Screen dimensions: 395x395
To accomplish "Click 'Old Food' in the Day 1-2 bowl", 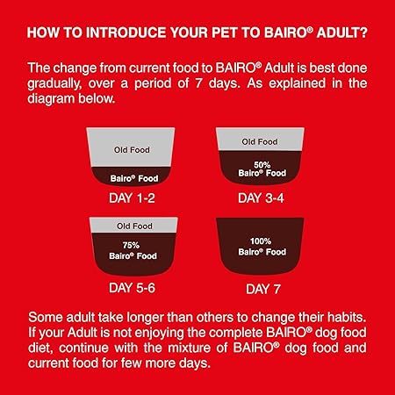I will click(x=133, y=150).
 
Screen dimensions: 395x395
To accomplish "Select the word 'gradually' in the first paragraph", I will click(x=61, y=85).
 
